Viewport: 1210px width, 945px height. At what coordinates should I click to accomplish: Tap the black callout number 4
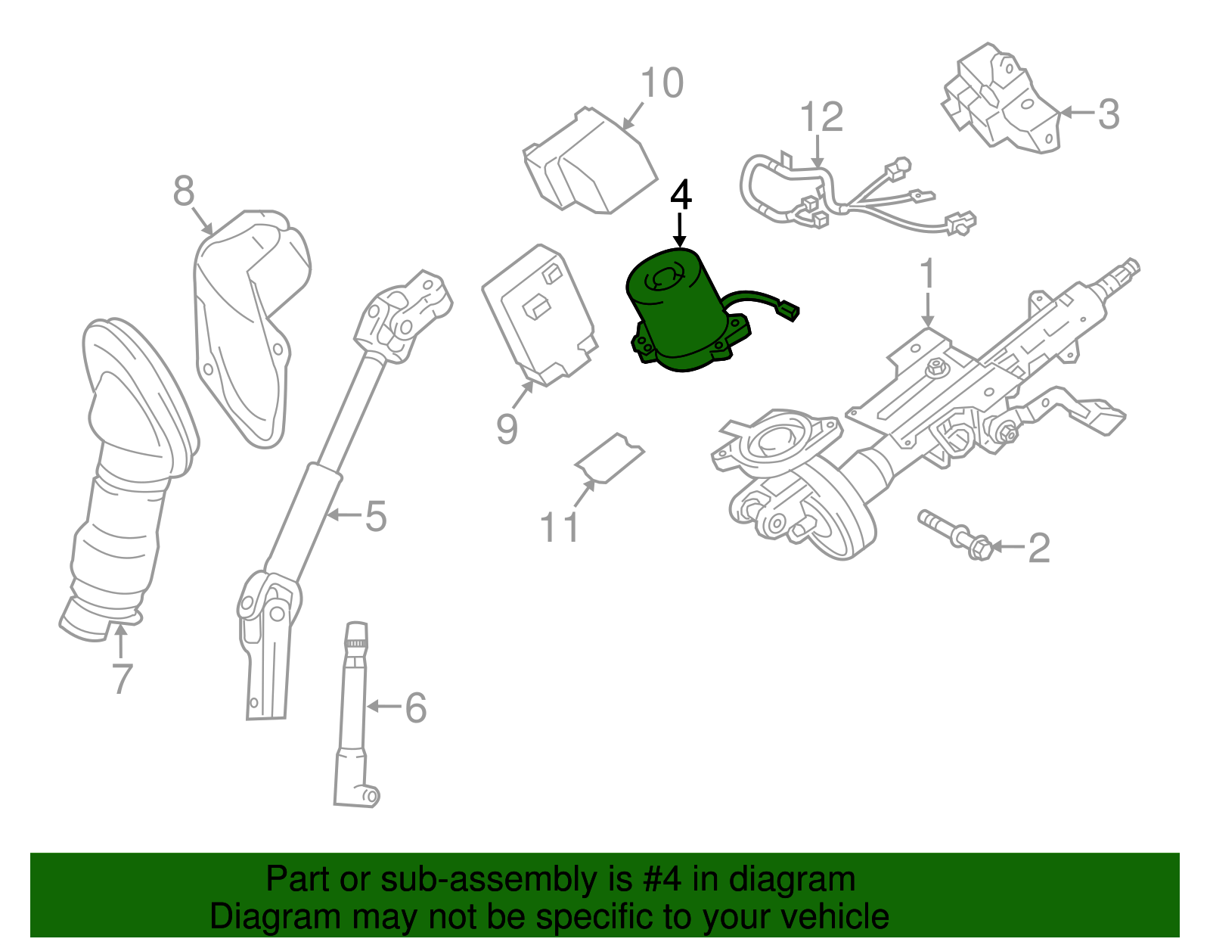(681, 195)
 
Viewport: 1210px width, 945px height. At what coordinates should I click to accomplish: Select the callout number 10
(662, 83)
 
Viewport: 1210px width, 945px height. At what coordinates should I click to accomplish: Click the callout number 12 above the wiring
(821, 118)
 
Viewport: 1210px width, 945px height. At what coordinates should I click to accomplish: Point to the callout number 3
(1108, 114)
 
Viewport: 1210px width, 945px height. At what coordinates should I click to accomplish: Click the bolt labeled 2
(954, 534)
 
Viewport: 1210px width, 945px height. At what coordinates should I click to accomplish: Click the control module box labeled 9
(538, 314)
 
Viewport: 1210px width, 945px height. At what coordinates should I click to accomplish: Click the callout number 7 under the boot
(122, 678)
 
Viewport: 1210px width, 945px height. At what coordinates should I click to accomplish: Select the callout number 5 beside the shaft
(376, 517)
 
